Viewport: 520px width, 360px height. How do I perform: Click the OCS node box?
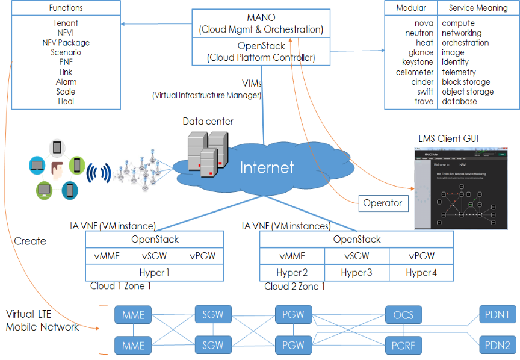pos(403,315)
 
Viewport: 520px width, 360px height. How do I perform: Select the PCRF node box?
pos(403,346)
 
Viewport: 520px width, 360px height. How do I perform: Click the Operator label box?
pos(382,203)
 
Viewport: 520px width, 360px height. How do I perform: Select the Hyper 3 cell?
pos(356,273)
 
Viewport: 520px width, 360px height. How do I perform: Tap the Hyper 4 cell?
pos(421,273)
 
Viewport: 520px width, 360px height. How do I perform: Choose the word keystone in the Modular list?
pos(418,62)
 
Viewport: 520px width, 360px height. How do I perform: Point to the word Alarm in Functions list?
pos(66,82)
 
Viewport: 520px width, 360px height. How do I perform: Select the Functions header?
pos(66,8)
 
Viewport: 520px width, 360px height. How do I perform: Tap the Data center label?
pos(208,122)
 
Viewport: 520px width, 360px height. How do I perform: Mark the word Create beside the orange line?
pos(30,241)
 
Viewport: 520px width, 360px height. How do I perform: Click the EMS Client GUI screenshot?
pos(464,188)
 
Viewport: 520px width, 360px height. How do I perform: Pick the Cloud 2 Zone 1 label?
pos(295,287)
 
